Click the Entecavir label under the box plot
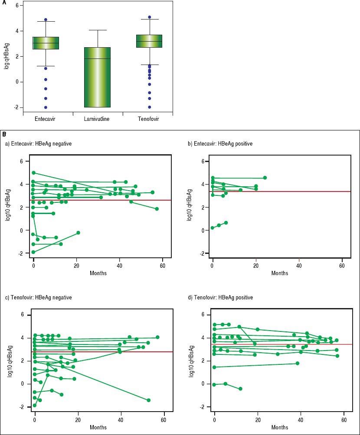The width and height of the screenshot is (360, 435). [x=46, y=119]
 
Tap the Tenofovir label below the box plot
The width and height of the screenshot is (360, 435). [x=147, y=119]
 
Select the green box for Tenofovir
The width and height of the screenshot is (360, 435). [x=149, y=41]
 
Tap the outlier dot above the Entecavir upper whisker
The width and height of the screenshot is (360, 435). [x=46, y=20]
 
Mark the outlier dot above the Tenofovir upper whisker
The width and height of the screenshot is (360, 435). [x=149, y=17]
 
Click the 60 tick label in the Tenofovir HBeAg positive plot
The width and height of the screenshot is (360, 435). [x=344, y=420]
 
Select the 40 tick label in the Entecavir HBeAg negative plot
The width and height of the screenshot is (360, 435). [x=119, y=266]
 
